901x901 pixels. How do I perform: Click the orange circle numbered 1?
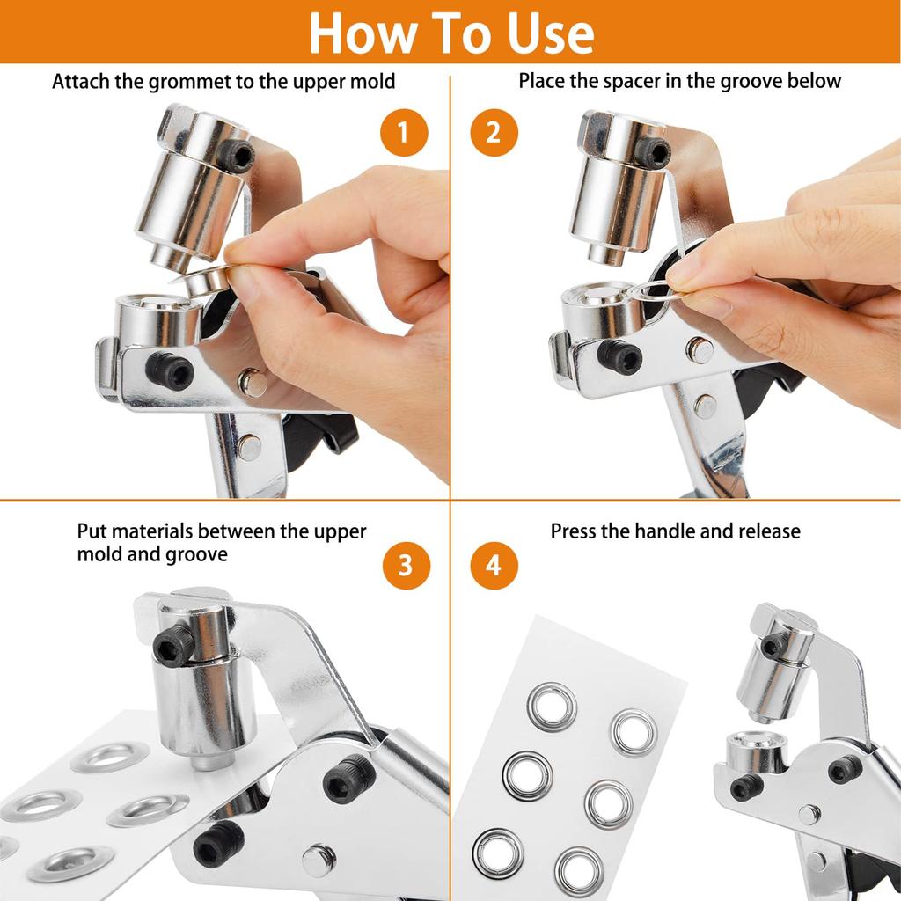404,133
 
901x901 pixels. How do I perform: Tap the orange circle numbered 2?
494,133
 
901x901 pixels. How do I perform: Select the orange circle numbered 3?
406,566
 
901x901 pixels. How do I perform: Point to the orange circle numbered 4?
494,566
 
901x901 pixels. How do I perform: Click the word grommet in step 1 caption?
178,82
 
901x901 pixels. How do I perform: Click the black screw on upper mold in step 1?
237,156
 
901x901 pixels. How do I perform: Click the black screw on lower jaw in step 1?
169,371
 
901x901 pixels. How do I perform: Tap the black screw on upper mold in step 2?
652,152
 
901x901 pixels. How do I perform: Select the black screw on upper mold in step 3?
173,645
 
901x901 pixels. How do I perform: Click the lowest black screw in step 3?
218,842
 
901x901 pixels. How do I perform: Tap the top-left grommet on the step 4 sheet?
552,707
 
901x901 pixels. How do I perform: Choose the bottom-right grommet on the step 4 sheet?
579,869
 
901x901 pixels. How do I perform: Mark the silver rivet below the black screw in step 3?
319,859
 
